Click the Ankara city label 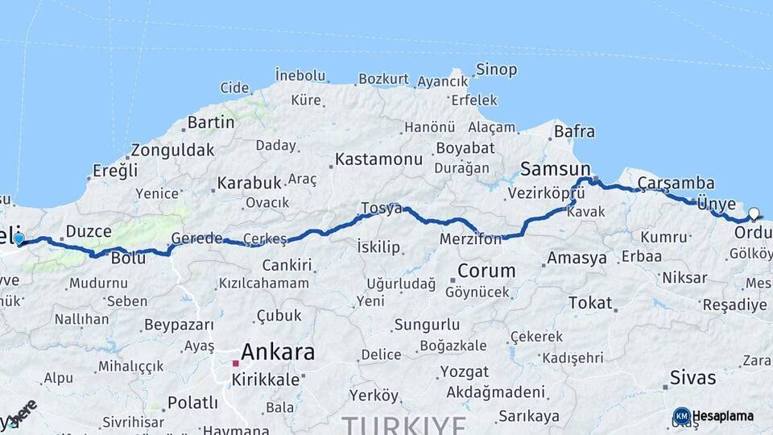[278, 352]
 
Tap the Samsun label [550, 169]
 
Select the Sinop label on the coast [496, 70]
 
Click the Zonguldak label [172, 150]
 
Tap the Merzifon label [471, 239]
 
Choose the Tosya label [382, 208]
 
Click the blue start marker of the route [19, 238]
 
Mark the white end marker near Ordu [754, 213]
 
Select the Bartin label [211, 123]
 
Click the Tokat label [590, 303]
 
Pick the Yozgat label [465, 372]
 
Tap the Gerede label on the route [196, 238]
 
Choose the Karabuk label [249, 183]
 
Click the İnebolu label [300, 75]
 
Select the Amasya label [577, 259]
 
